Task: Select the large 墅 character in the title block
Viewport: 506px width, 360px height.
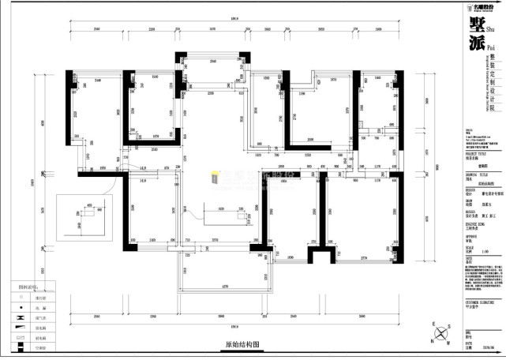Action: click(476, 24)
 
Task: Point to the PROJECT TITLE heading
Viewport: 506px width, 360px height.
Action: click(474, 155)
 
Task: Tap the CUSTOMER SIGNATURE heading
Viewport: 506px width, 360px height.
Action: click(479, 301)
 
